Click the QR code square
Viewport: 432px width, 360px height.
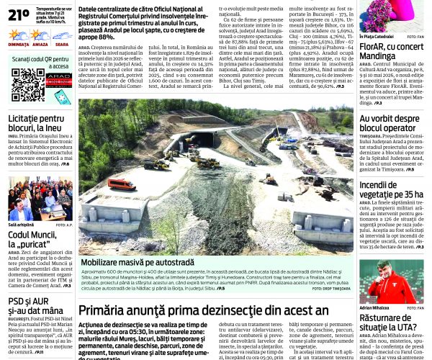pos(27,85)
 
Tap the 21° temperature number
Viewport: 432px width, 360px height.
pos(19,13)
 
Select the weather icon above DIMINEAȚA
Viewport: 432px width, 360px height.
pos(17,35)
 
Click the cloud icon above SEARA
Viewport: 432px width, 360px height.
pos(62,35)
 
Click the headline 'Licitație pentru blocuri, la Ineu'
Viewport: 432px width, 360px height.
pos(36,123)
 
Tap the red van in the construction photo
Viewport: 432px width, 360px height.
pos(123,185)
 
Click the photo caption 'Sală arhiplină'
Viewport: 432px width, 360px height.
pos(22,225)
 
